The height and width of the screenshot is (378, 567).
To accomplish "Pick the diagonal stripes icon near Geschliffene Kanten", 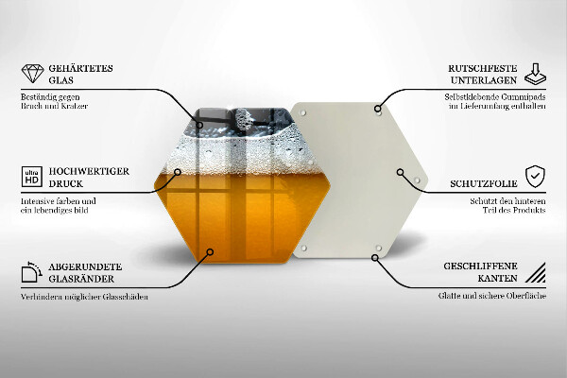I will [535, 274].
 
